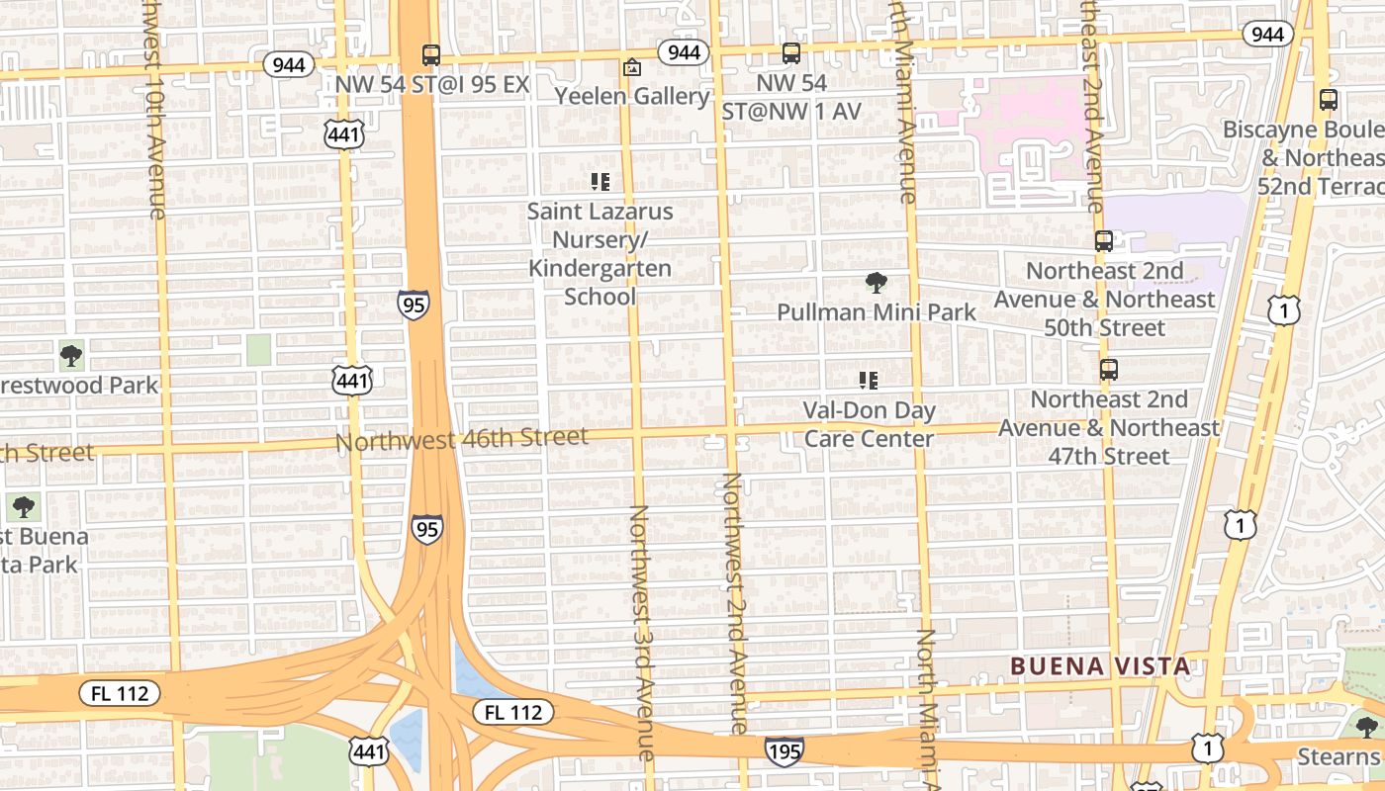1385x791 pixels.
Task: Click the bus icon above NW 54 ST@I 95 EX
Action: coord(430,55)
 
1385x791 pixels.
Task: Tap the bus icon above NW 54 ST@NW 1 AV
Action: coord(790,53)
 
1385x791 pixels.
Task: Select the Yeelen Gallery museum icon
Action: coord(631,67)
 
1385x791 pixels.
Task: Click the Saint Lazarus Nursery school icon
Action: coord(600,182)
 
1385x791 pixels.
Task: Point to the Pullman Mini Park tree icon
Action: coord(876,283)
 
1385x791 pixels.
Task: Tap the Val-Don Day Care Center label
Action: coord(869,424)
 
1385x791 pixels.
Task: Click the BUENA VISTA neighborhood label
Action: coord(1100,666)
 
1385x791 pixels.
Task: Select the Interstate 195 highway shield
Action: coord(784,751)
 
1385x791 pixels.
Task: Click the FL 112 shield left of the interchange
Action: coord(119,693)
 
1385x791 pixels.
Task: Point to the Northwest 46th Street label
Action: coord(462,438)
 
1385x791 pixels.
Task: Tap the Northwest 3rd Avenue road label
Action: coord(640,633)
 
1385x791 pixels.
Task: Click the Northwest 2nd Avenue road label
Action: coord(732,603)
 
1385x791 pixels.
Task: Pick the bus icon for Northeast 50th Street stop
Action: coord(1104,241)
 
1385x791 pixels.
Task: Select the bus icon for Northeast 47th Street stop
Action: coord(1109,370)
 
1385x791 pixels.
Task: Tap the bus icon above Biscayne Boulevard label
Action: coord(1328,100)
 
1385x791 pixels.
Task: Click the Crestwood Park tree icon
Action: coord(70,356)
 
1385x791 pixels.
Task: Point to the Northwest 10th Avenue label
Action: coord(154,109)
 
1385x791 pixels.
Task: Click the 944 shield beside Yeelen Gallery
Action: coord(683,52)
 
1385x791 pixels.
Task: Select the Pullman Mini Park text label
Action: coord(876,312)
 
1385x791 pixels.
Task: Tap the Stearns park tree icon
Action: coord(1366,728)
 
